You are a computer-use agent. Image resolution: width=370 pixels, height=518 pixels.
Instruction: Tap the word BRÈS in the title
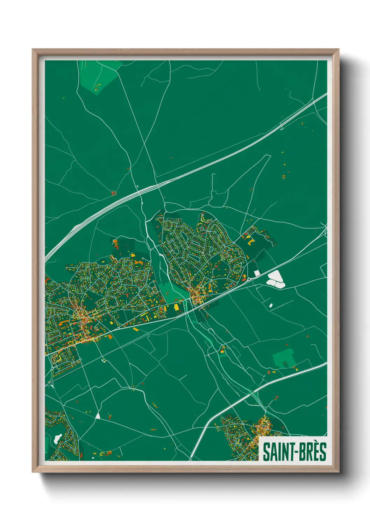click(313, 452)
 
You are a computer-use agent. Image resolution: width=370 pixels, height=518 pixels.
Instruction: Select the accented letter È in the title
click(313, 451)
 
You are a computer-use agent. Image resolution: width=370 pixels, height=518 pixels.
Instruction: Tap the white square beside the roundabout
click(257, 273)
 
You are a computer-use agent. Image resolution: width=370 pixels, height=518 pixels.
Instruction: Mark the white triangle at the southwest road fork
click(98, 416)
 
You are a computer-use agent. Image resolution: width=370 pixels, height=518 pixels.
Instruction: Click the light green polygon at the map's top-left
click(98, 75)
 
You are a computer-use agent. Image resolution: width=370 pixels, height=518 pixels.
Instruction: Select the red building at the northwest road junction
click(113, 193)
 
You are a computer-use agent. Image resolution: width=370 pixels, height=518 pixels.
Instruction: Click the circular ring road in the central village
click(202, 229)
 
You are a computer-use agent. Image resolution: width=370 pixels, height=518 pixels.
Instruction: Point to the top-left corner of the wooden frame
click(33, 50)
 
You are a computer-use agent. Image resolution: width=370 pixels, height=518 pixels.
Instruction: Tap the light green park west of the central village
click(171, 292)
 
